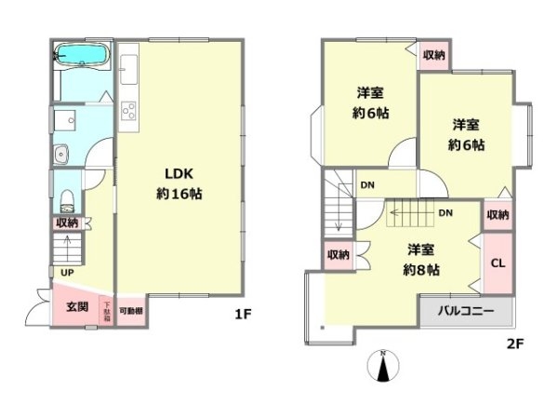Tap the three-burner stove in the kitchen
tap(128, 114)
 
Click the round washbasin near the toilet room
tap(61, 155)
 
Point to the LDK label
tap(179, 174)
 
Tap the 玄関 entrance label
tap(76, 306)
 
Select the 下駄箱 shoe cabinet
tap(107, 310)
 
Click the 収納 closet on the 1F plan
tap(66, 223)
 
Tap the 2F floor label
tap(515, 344)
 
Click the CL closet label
tap(498, 264)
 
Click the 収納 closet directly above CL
tap(498, 215)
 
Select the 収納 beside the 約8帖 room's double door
tap(338, 254)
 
